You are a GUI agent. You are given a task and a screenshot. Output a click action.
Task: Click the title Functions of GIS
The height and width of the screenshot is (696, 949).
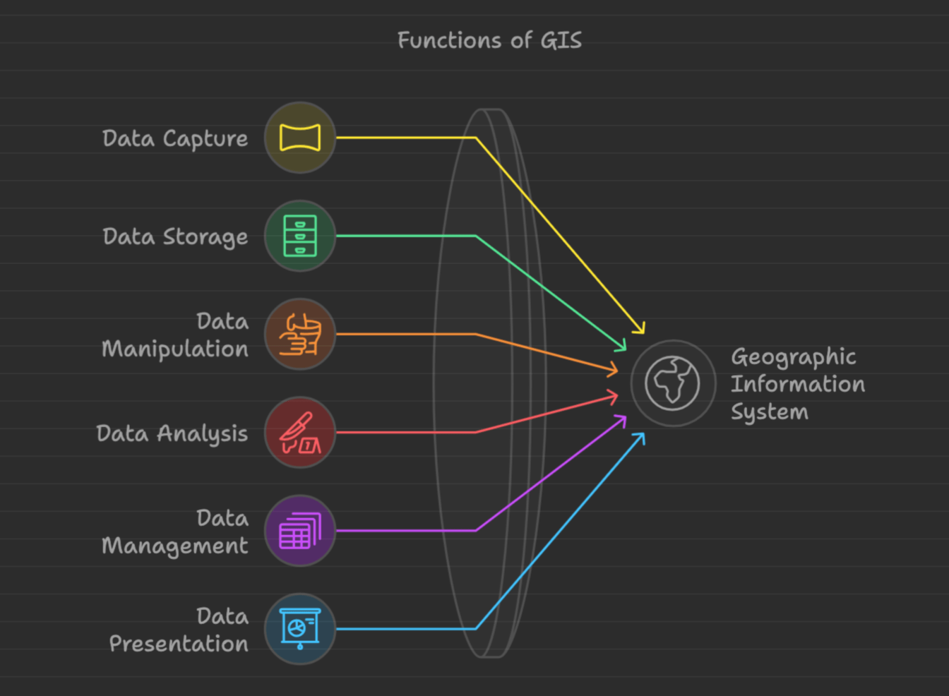pyautogui.click(x=489, y=40)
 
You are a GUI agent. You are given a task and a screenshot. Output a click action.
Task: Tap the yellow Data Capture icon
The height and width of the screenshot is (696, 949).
pyautogui.click(x=300, y=138)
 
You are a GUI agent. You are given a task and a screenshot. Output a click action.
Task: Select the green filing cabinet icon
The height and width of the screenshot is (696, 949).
pyautogui.click(x=300, y=236)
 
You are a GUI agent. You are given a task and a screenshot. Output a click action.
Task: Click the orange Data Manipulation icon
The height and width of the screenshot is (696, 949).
pyautogui.click(x=300, y=334)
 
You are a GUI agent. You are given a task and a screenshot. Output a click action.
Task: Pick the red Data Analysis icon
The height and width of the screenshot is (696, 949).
pyautogui.click(x=300, y=432)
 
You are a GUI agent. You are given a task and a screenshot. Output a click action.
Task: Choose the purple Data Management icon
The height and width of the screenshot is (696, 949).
pyautogui.click(x=300, y=531)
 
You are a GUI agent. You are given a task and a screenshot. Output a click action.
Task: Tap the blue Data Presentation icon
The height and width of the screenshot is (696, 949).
pyautogui.click(x=300, y=629)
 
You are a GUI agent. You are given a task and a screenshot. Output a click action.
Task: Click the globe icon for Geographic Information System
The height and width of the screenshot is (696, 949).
pyautogui.click(x=672, y=383)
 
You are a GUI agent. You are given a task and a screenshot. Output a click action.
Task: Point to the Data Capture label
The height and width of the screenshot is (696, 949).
pyautogui.click(x=175, y=139)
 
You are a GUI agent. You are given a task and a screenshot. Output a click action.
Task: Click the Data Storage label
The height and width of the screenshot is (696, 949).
pyautogui.click(x=175, y=237)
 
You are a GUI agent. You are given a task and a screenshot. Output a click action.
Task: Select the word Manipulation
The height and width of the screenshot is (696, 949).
pyautogui.click(x=175, y=349)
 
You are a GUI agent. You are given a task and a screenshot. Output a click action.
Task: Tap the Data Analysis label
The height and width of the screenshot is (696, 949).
pyautogui.click(x=172, y=433)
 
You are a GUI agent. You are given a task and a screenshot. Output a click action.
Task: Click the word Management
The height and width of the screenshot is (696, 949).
pyautogui.click(x=175, y=546)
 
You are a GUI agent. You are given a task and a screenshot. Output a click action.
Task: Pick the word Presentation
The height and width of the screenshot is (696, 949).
pyautogui.click(x=179, y=644)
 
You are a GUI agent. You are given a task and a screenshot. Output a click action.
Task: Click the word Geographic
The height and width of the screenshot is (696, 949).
pyautogui.click(x=793, y=357)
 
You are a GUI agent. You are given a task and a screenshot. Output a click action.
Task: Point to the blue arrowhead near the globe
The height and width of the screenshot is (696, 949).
pyautogui.click(x=640, y=437)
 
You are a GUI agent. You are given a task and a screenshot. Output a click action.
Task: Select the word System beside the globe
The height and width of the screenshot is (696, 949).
pyautogui.click(x=769, y=412)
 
